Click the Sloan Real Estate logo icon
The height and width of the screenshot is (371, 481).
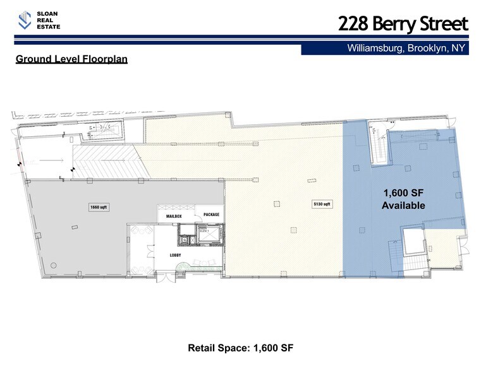click(25, 20)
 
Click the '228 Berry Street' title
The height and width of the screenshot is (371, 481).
click(403, 24)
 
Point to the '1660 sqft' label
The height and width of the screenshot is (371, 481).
click(99, 207)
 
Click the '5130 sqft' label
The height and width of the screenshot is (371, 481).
click(322, 204)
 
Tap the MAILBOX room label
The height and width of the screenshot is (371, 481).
click(174, 216)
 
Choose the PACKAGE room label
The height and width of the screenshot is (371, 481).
click(211, 215)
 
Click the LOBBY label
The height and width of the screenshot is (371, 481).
click(175, 255)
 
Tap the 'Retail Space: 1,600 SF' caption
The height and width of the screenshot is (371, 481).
click(240, 348)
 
